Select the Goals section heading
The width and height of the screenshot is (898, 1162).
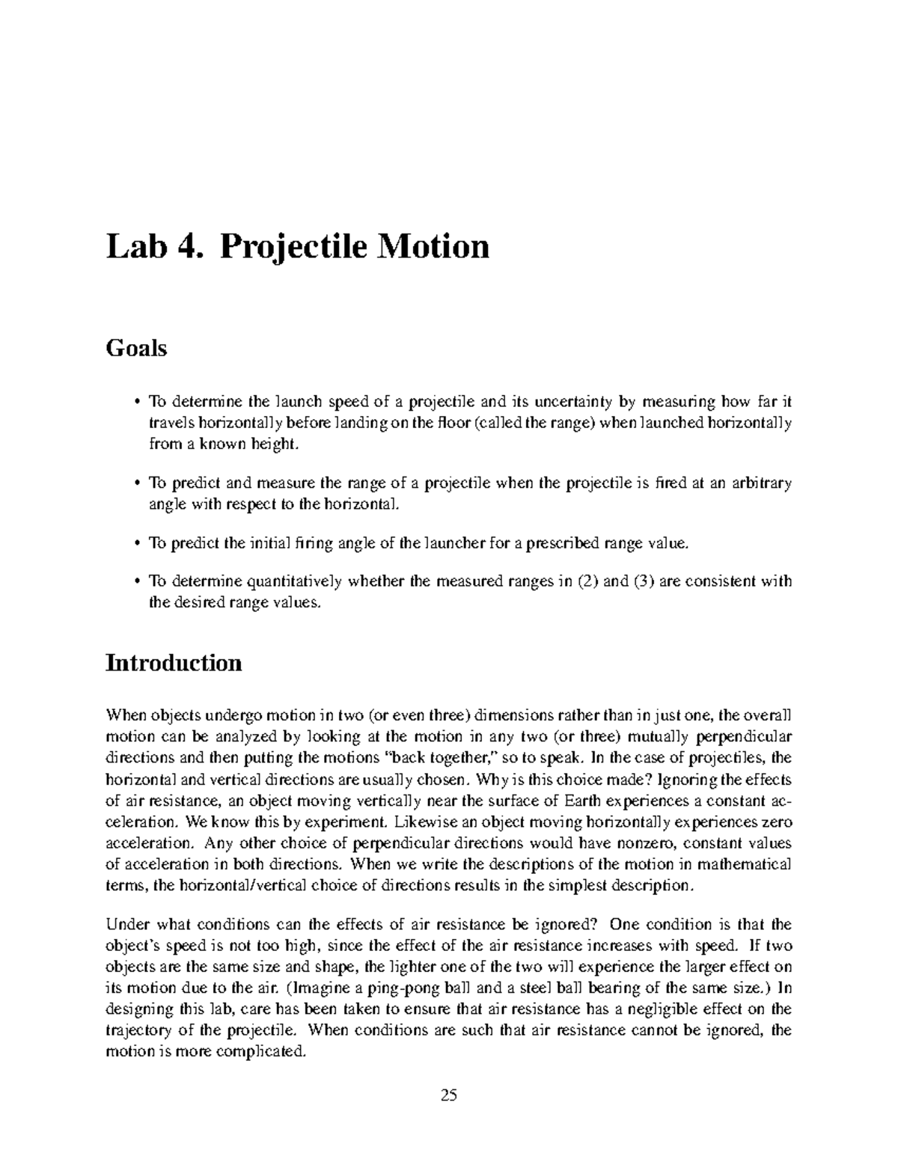[x=136, y=348]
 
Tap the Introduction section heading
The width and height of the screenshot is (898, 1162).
[x=174, y=662]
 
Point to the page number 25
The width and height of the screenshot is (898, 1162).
[x=448, y=1095]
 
